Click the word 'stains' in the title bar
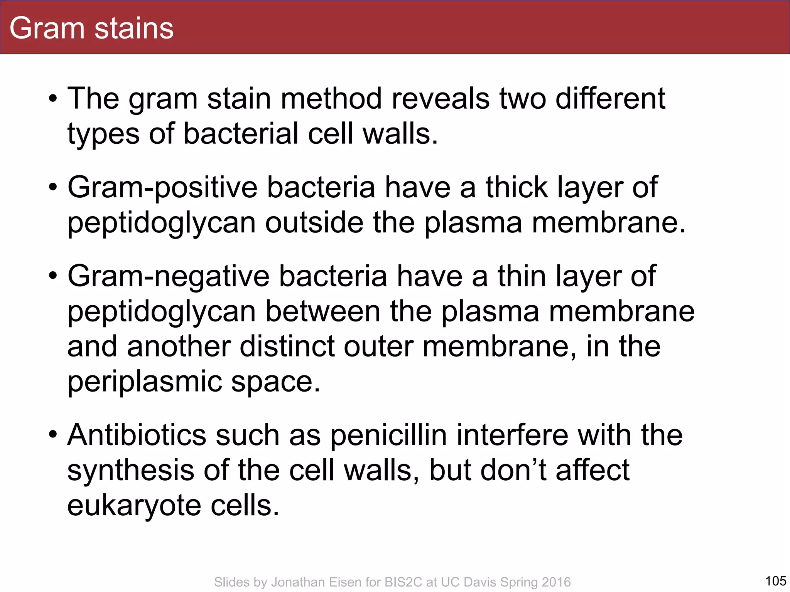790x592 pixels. pyautogui.click(x=134, y=28)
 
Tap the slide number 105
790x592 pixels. pyautogui.click(x=775, y=580)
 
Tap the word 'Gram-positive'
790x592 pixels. pyautogui.click(x=162, y=188)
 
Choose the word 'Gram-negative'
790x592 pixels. pyautogui.click(x=169, y=277)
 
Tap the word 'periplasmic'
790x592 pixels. pyautogui.click(x=144, y=382)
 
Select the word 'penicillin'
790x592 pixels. pyautogui.click(x=389, y=435)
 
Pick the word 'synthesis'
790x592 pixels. pyautogui.click(x=131, y=471)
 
